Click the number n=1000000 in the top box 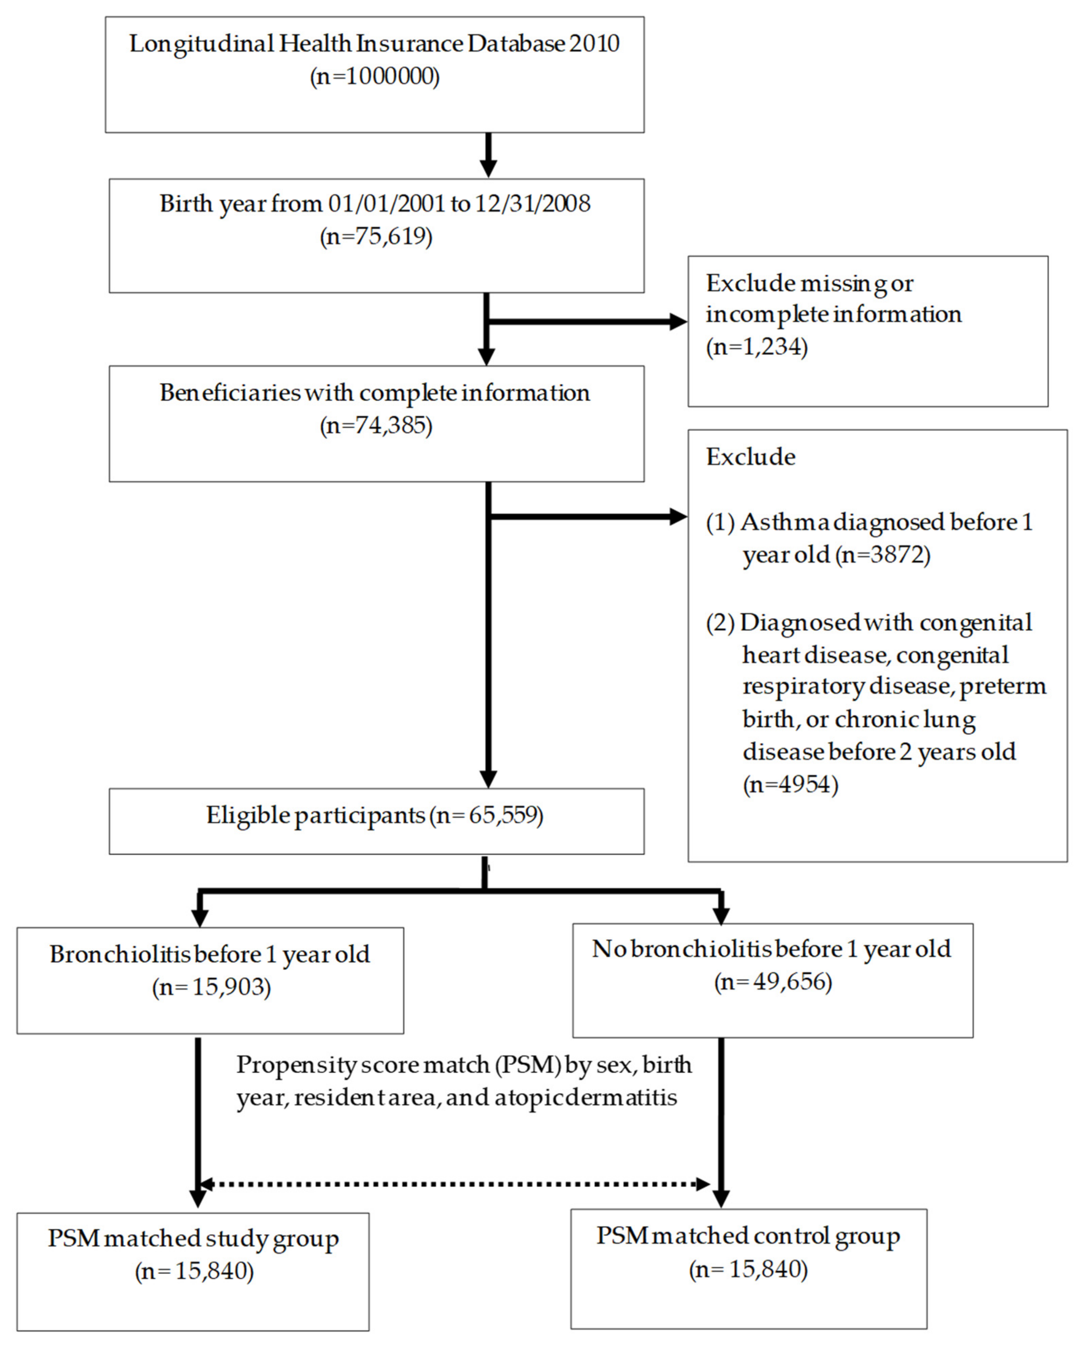375,77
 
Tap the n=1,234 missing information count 757,347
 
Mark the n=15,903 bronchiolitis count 212,987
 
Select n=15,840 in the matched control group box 748,1270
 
